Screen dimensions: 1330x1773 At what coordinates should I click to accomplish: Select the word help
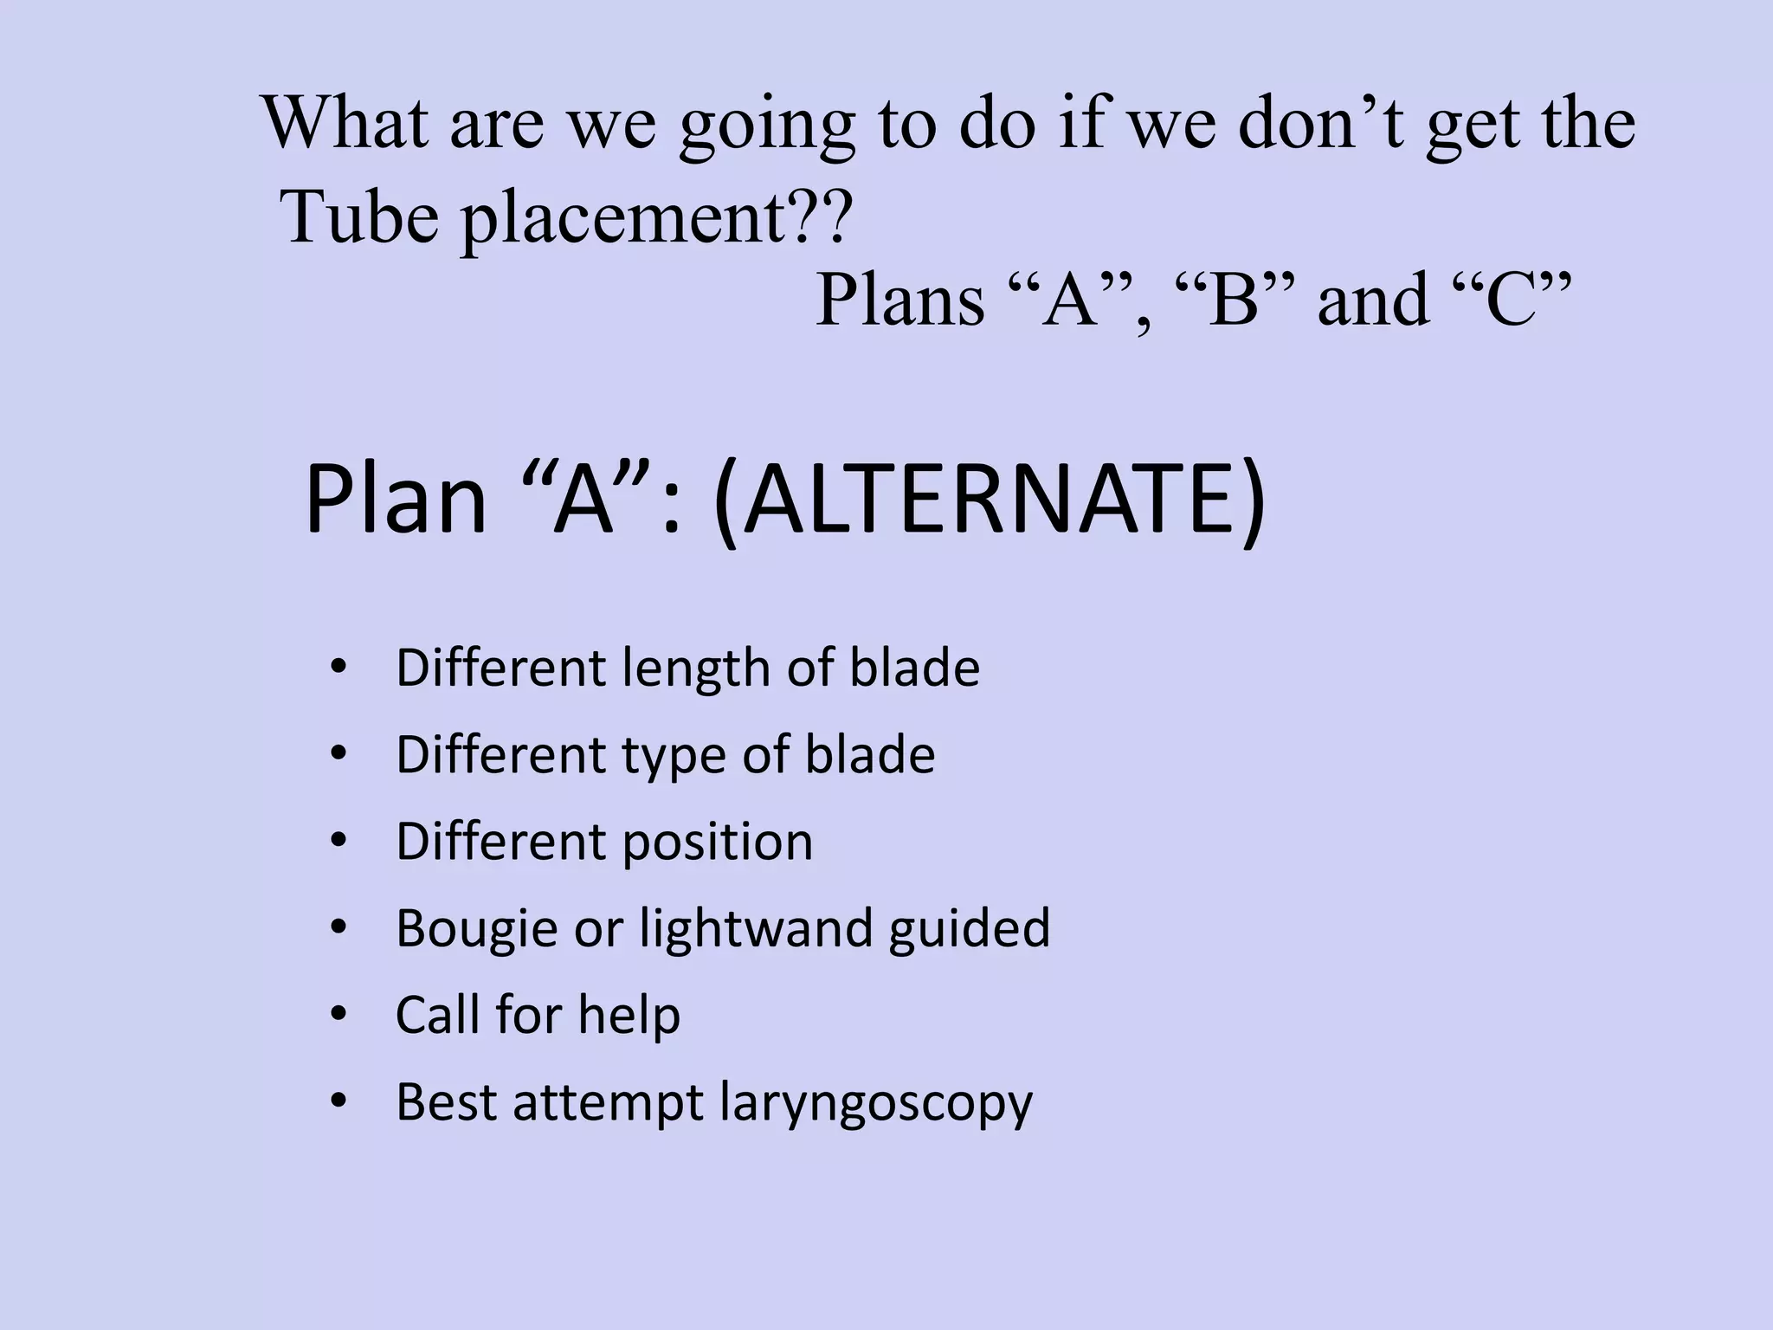[629, 1015]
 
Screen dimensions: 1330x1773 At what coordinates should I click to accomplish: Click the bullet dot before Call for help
[338, 1014]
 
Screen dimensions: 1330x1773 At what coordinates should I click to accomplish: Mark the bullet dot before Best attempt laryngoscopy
[338, 1101]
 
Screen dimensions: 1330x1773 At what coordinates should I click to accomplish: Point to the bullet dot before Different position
[338, 841]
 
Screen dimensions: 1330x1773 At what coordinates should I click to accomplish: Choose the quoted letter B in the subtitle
[1234, 300]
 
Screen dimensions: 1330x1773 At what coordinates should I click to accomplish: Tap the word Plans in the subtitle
[900, 300]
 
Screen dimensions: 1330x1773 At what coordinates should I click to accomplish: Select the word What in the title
[345, 123]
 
